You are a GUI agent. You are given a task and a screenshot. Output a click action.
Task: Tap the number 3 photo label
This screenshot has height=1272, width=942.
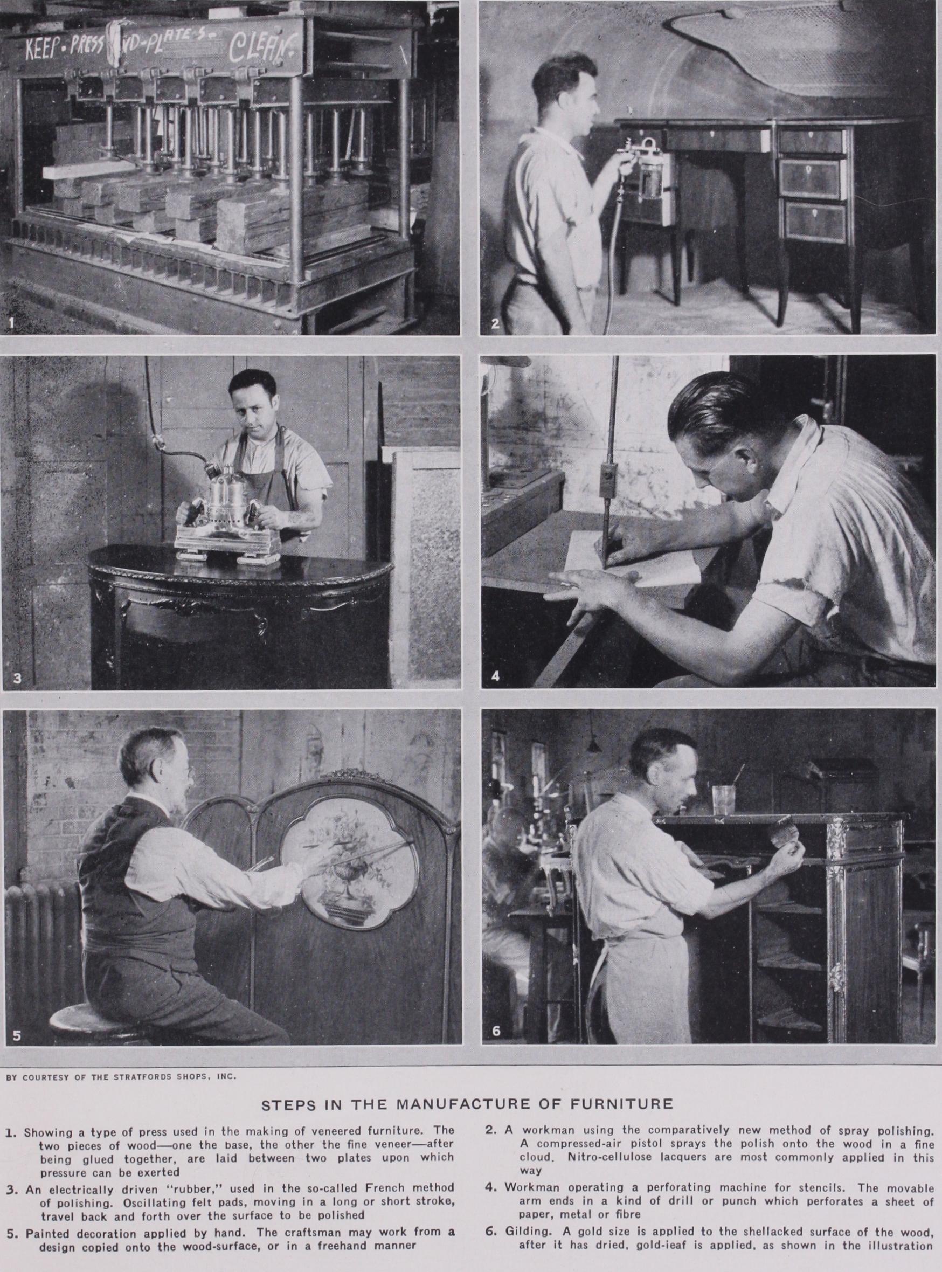click(17, 679)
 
